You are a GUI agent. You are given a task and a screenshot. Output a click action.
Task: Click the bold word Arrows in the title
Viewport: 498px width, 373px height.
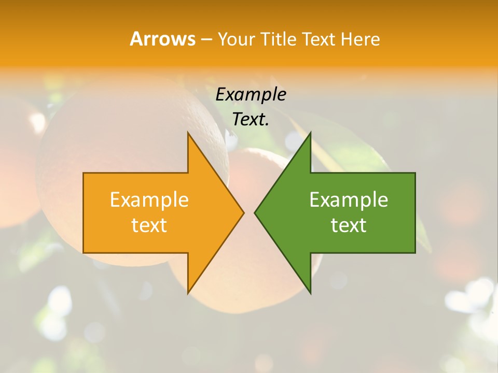pyautogui.click(x=162, y=39)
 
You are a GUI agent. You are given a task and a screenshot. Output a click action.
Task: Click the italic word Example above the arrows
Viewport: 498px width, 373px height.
pyautogui.click(x=251, y=94)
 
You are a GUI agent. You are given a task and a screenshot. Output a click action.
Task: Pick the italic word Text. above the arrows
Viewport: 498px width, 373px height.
pyautogui.click(x=251, y=119)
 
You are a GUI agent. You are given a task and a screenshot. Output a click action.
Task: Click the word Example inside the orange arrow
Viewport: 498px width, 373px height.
pyautogui.click(x=149, y=200)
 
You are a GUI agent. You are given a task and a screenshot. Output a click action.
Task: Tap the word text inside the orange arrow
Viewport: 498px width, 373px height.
pyautogui.click(x=149, y=225)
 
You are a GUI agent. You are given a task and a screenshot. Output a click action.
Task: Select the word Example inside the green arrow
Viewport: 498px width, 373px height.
pyautogui.click(x=349, y=200)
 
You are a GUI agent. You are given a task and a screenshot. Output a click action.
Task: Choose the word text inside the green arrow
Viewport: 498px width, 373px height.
pyautogui.click(x=349, y=225)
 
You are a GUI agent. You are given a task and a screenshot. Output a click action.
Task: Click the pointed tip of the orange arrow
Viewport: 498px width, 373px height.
pyautogui.click(x=243, y=212)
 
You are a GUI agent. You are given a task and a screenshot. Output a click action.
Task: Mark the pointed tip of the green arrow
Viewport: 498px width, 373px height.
pyautogui.click(x=255, y=212)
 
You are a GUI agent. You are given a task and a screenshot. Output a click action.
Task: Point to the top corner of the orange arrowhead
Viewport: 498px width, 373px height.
pyautogui.click(x=188, y=133)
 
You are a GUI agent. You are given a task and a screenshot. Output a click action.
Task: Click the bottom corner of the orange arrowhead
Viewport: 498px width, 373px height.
pyautogui.click(x=188, y=293)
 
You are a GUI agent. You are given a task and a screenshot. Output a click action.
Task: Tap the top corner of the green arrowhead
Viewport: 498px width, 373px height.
pyautogui.click(x=310, y=133)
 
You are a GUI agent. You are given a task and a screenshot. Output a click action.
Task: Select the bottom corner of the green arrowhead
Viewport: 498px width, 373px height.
pyautogui.click(x=310, y=293)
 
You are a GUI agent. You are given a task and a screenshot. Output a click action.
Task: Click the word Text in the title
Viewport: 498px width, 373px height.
pyautogui.click(x=318, y=39)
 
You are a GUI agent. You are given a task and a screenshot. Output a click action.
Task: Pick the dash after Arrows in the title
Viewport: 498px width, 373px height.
pyautogui.click(x=205, y=39)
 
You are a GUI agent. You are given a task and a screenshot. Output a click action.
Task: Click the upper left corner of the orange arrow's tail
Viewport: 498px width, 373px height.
pyautogui.click(x=84, y=174)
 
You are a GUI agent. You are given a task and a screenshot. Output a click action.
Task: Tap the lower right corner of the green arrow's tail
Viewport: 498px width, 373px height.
pyautogui.click(x=414, y=252)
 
